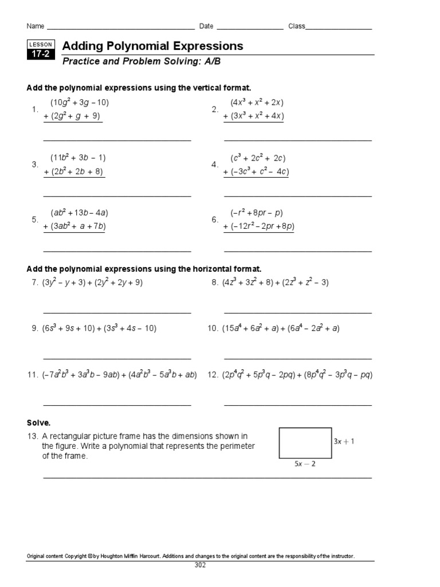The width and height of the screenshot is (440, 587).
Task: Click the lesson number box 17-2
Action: (x=41, y=54)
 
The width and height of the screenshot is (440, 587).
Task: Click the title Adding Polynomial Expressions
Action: (x=152, y=46)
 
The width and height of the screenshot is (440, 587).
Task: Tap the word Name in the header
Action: (x=35, y=26)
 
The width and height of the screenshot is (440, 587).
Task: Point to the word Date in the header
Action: (x=206, y=26)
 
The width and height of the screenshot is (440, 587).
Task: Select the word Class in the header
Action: (x=296, y=26)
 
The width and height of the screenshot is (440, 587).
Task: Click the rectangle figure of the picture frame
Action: (x=305, y=443)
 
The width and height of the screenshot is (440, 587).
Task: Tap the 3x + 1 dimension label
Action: (x=344, y=442)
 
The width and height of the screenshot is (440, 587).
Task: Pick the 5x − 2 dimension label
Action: (x=305, y=464)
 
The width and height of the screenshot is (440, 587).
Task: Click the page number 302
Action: (x=200, y=565)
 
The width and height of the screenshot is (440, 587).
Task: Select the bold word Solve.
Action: (x=39, y=422)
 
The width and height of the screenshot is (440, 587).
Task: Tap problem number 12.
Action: (x=213, y=375)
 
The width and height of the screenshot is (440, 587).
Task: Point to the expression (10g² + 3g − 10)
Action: (x=80, y=103)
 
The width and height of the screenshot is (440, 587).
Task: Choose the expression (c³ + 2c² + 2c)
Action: (x=258, y=158)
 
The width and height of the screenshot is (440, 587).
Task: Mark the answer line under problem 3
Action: (x=117, y=196)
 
